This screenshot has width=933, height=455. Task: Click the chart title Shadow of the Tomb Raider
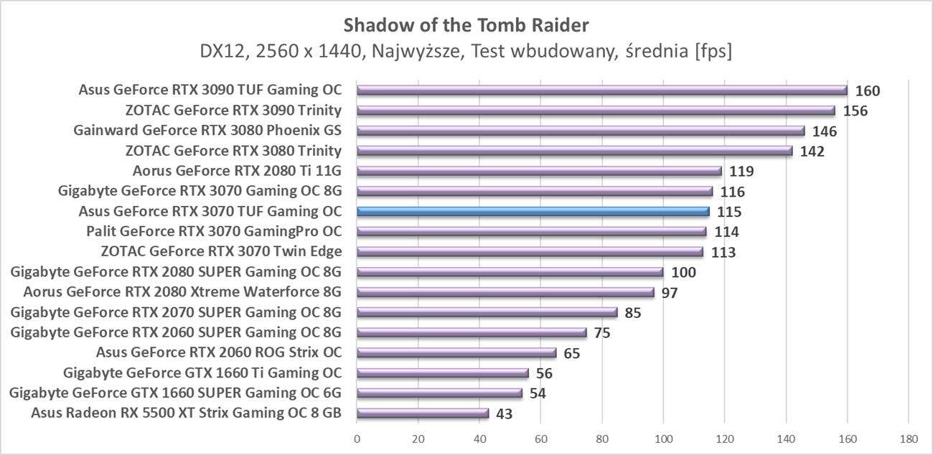(x=467, y=26)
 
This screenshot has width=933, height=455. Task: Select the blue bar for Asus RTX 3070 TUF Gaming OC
(x=533, y=212)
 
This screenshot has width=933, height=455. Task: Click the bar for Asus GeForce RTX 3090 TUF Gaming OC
(x=601, y=90)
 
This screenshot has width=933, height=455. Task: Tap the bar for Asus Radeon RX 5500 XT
(x=422, y=413)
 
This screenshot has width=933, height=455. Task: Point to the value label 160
(x=867, y=91)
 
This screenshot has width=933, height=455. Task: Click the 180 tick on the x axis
(x=909, y=438)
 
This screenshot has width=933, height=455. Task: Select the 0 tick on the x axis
(x=357, y=438)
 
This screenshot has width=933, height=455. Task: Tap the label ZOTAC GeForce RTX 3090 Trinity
(x=233, y=111)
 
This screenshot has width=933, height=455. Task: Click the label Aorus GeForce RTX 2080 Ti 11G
(x=237, y=171)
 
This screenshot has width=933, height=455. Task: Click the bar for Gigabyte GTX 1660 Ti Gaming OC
(x=442, y=373)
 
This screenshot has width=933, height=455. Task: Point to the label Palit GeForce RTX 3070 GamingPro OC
(x=214, y=231)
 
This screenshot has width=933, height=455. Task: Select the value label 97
(x=670, y=293)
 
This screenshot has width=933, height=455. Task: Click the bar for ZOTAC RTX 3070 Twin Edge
(x=529, y=252)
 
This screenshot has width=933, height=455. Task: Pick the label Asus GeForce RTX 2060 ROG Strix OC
(x=219, y=352)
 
